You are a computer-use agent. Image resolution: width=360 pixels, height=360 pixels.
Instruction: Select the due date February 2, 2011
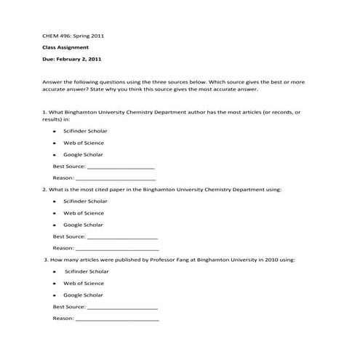tap(81, 59)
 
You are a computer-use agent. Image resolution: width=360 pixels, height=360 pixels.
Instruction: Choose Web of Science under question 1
tap(84, 143)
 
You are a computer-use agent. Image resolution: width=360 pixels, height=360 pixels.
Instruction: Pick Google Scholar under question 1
tap(83, 155)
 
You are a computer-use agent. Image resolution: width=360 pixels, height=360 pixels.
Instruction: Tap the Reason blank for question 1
tap(116, 178)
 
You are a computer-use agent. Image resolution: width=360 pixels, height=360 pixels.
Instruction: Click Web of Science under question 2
tap(84, 213)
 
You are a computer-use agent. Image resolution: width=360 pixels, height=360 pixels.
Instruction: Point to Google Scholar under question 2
tap(83, 225)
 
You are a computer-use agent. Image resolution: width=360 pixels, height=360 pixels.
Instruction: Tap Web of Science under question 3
tap(84, 283)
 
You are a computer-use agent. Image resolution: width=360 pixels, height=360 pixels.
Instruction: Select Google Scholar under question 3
tap(83, 295)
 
